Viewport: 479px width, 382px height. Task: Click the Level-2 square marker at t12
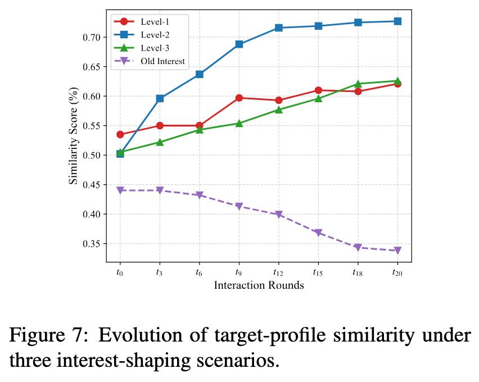point(279,28)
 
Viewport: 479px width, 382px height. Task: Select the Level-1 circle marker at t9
point(239,98)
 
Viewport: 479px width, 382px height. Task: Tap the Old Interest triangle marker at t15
point(318,233)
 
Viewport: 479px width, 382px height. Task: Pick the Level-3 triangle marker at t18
point(358,84)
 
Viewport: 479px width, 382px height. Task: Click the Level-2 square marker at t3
point(160,98)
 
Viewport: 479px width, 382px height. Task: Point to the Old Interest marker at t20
point(397,251)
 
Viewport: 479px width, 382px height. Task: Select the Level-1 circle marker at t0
point(120,134)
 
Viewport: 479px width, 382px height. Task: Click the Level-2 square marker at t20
point(397,21)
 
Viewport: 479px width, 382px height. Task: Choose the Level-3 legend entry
point(142,48)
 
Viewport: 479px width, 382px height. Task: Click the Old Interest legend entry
point(150,61)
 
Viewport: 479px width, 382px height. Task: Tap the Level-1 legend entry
point(142,22)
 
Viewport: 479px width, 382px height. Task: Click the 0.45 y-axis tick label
point(91,185)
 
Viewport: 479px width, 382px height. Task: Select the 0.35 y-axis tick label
point(91,244)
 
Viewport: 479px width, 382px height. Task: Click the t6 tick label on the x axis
point(199,272)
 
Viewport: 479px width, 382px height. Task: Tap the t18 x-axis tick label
point(358,272)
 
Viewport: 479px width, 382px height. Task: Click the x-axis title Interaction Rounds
point(259,285)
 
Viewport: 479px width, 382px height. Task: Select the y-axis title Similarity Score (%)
point(73,136)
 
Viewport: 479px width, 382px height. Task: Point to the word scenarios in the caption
point(238,361)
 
